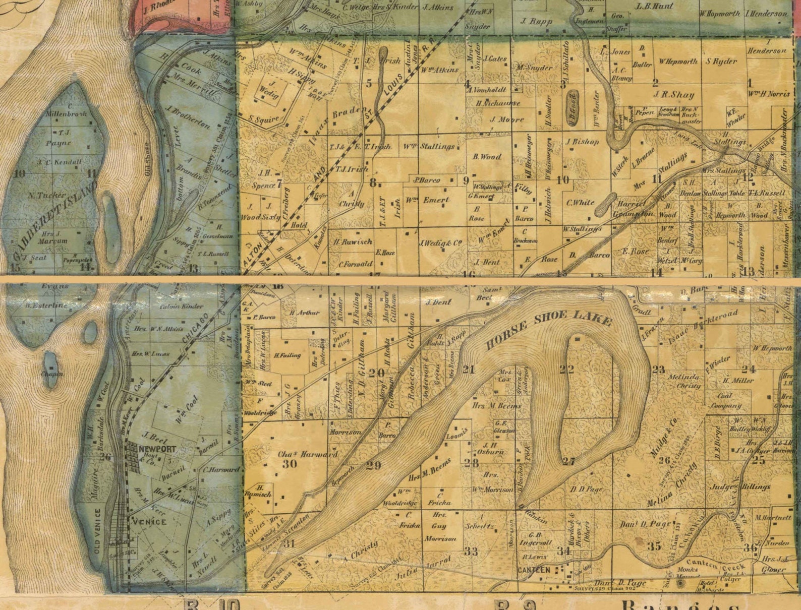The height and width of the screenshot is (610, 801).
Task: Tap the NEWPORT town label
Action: (x=158, y=449)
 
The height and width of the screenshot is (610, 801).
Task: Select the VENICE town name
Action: (x=149, y=521)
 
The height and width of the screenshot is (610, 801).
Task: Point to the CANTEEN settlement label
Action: (x=534, y=570)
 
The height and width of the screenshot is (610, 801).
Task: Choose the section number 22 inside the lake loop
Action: (x=566, y=370)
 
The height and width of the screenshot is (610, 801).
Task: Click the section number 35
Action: (x=654, y=546)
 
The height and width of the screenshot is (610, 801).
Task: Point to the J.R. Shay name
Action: (x=674, y=95)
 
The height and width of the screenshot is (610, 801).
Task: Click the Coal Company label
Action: (x=726, y=400)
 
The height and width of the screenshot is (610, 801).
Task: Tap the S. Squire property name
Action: (x=264, y=119)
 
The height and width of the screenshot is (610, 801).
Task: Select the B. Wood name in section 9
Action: (x=487, y=157)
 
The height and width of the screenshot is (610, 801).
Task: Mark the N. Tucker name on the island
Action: (x=46, y=195)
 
